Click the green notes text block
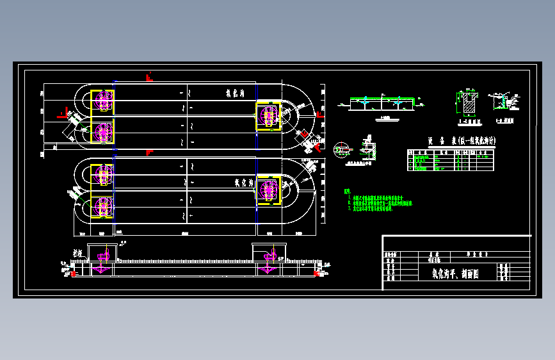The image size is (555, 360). [x=378, y=200]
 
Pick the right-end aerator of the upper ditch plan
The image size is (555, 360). [x=268, y=116]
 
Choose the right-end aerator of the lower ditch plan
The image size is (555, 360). [x=268, y=190]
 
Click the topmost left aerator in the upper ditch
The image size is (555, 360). [x=102, y=100]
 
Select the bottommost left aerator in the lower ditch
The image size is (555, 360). [x=102, y=207]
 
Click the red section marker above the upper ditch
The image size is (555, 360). [x=149, y=78]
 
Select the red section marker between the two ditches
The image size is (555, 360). [x=149, y=152]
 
